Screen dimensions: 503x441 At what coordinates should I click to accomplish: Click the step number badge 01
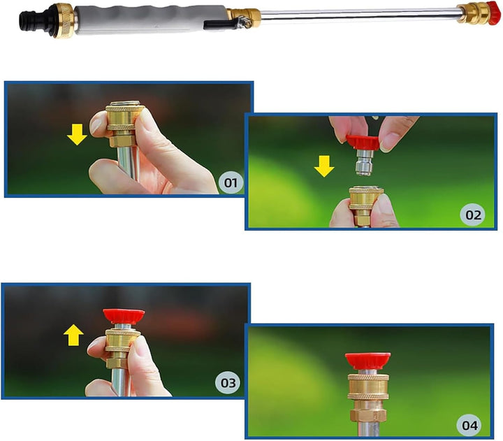click(x=231, y=182)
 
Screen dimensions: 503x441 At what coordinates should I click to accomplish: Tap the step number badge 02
click(x=473, y=215)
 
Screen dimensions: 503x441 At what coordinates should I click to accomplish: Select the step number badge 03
click(x=228, y=382)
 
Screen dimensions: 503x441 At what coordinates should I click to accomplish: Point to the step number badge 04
click(x=469, y=425)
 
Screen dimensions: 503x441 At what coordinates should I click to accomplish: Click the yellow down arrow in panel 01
click(x=77, y=135)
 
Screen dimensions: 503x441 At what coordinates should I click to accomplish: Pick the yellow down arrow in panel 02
click(x=324, y=166)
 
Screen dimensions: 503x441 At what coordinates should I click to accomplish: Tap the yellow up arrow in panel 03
click(x=73, y=335)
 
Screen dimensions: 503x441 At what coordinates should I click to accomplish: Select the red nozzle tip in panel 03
click(x=124, y=316)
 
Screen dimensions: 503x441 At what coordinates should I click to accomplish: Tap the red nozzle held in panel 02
click(x=363, y=143)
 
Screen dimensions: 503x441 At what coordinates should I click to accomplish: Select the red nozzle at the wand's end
click(x=493, y=13)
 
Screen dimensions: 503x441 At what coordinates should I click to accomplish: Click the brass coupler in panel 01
click(x=124, y=124)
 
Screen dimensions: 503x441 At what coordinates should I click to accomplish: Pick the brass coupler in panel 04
click(x=368, y=398)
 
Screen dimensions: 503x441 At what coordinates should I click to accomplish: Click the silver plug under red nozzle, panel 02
click(x=365, y=163)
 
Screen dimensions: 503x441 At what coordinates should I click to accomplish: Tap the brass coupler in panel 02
click(x=366, y=205)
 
